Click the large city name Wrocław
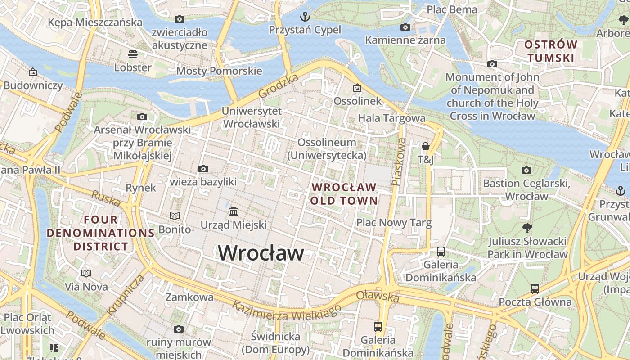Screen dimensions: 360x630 tap(261, 253)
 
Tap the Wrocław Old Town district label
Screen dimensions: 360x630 tap(344, 194)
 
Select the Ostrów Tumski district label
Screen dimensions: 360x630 tap(551, 51)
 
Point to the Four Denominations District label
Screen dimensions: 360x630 tap(101, 233)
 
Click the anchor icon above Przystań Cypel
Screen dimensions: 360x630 tap(305, 17)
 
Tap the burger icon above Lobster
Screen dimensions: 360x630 tap(133, 54)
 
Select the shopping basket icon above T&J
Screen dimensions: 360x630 tap(425, 146)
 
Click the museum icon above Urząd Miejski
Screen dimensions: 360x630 tap(234, 211)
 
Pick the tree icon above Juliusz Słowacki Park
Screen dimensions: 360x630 tap(527, 228)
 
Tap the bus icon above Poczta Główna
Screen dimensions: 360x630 tap(535, 288)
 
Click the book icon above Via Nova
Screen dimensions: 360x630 tap(86, 273)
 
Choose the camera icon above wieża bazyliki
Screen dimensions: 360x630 tap(203, 169)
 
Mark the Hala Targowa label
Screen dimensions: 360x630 tap(391, 118)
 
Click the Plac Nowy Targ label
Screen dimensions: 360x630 tap(394, 222)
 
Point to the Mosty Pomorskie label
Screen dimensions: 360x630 tap(219, 71)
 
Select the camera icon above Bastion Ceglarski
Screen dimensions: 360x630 tap(526, 170)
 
